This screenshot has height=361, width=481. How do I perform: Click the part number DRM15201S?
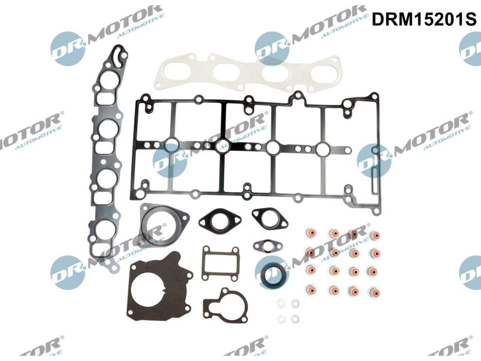coord(424,20)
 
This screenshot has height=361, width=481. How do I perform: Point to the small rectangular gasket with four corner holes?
coord(220,263)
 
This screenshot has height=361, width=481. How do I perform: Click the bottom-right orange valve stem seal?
coord(375,291)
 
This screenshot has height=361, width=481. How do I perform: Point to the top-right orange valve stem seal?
coord(375,236)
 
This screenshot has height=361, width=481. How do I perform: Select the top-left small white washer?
coord(281,303)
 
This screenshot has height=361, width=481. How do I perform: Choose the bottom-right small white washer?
coord(295,319)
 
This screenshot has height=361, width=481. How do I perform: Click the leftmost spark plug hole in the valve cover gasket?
coord(172,145)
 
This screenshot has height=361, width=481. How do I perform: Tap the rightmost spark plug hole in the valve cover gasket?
coord(323,149)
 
